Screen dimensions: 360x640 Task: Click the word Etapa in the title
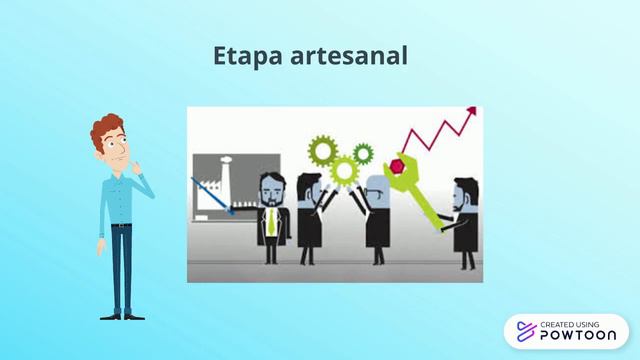coord(243,57)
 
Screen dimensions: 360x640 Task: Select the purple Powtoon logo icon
coord(523,332)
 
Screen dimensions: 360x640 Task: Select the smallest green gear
coord(362,153)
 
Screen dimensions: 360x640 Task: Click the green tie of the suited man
coord(270,221)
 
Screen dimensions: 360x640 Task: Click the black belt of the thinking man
coord(121,226)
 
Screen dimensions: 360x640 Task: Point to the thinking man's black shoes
coord(122,315)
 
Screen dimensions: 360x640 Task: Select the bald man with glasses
coord(377,215)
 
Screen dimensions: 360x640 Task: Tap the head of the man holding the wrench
coord(463,191)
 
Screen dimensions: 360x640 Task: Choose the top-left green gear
coord(322,150)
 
